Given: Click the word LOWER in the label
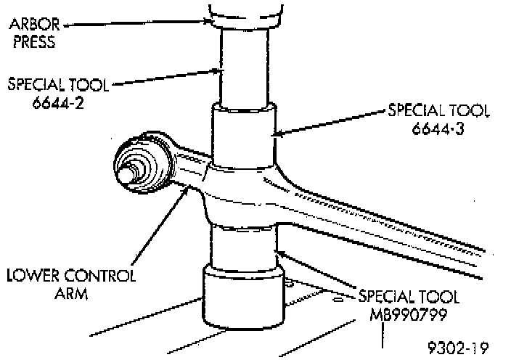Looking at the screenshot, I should [x=30, y=276].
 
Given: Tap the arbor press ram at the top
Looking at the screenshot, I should [x=245, y=10].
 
